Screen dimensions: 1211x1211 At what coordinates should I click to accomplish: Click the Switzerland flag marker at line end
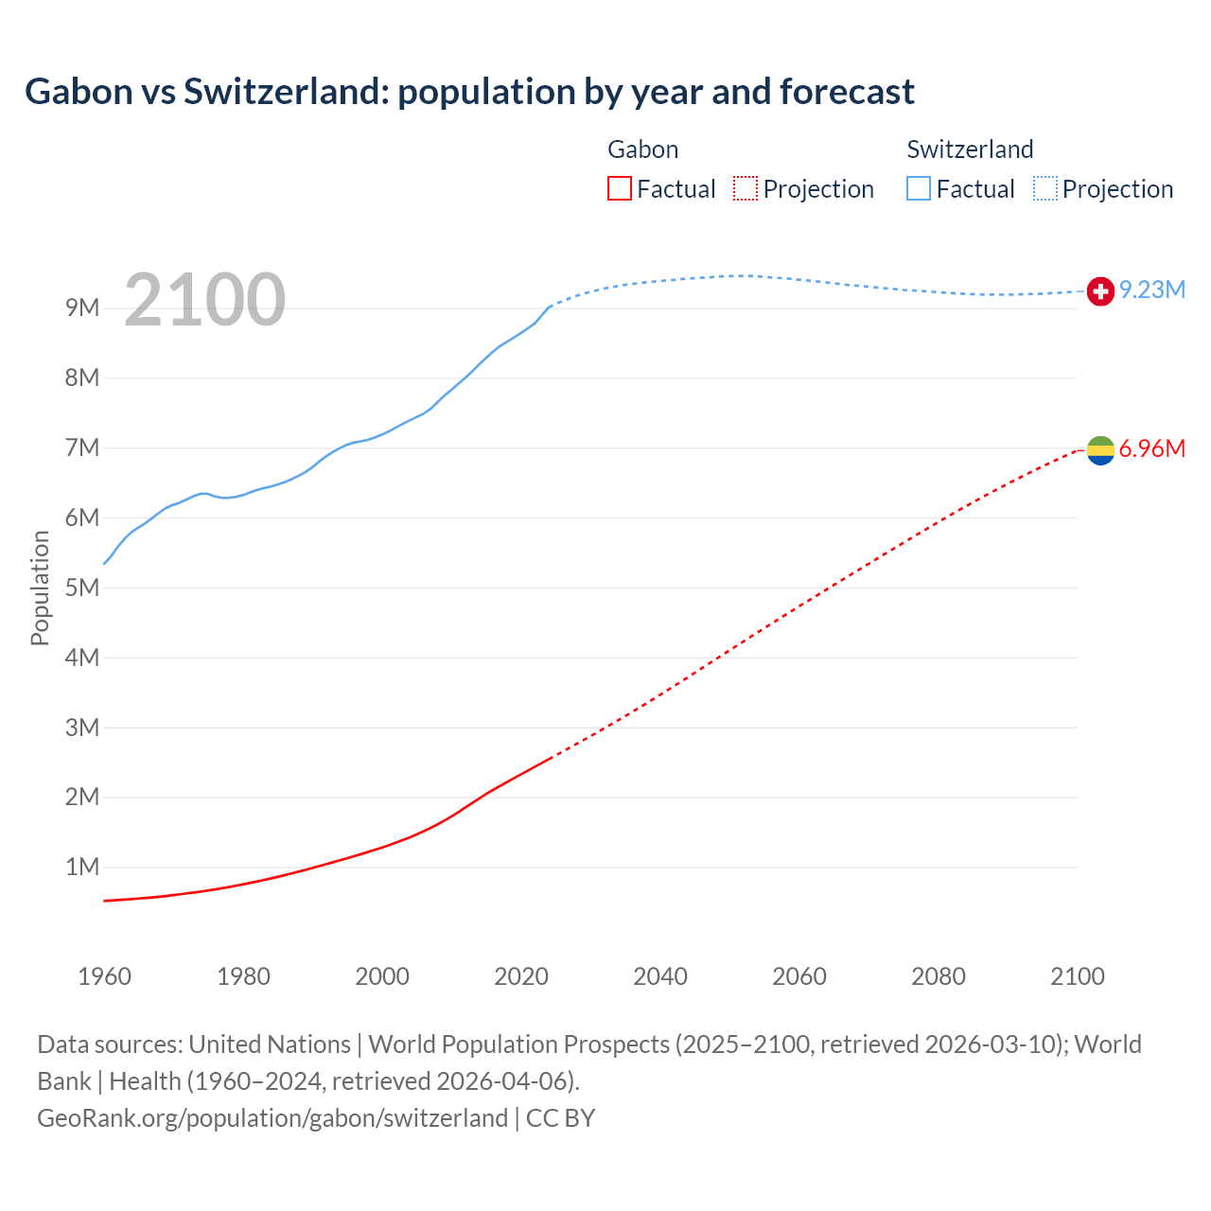point(1100,291)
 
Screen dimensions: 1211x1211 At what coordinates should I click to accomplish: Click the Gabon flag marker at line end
point(1100,450)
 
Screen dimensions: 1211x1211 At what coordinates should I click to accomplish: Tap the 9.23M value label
point(1152,290)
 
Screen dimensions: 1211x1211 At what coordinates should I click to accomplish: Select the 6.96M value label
point(1152,448)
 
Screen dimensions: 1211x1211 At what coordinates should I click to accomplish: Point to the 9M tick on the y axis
point(82,307)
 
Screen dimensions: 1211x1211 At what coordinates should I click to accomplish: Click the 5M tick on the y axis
point(82,588)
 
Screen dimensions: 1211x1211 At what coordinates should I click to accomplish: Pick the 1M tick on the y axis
point(82,867)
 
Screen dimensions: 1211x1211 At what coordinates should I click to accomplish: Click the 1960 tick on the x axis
point(104,976)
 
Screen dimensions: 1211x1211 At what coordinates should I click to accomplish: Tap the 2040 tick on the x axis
point(660,976)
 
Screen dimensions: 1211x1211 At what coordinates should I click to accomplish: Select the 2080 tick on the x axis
point(939,976)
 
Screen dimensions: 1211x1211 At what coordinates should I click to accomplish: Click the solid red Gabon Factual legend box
point(620,188)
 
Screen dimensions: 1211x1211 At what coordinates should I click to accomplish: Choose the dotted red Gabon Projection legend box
point(746,188)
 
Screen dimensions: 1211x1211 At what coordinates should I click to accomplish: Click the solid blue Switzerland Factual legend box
point(919,188)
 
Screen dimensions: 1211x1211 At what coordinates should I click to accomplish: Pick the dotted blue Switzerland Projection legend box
point(1045,188)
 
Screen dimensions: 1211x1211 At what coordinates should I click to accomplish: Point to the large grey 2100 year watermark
point(204,300)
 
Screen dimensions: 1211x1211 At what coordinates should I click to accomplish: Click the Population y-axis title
point(40,588)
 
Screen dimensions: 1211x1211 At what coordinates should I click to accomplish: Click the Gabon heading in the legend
point(642,149)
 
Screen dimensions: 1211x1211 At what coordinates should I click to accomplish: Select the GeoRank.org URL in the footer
point(272,1117)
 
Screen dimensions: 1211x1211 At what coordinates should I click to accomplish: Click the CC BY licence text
point(560,1117)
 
